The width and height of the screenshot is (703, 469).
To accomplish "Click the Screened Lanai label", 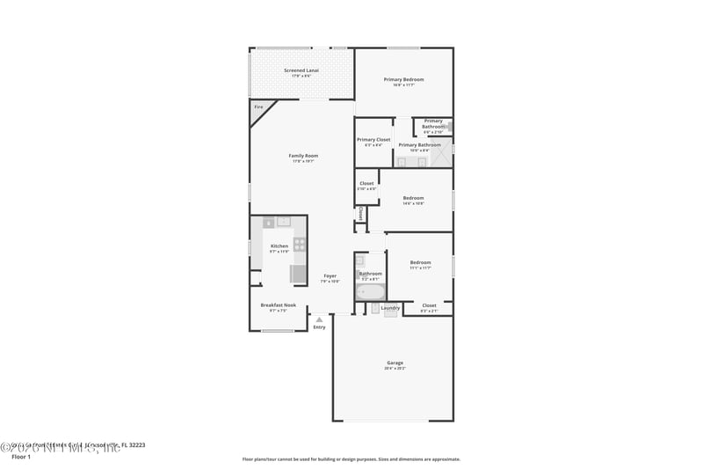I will click(301, 70).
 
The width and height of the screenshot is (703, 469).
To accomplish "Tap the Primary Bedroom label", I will click(403, 79).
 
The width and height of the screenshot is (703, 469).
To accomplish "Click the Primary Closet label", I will click(373, 139).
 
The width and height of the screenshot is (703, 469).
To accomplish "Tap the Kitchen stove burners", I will click(300, 245).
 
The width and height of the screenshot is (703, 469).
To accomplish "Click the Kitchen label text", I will click(279, 245).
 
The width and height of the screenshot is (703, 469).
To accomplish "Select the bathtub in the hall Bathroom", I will click(370, 291).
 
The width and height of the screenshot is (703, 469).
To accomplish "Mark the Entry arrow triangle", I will click(319, 319).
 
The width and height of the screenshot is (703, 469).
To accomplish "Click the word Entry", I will click(319, 327).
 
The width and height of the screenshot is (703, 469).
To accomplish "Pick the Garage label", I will click(395, 363).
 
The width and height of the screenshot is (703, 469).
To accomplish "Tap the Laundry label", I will click(391, 308).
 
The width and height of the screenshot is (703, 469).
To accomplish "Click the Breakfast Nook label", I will click(278, 305).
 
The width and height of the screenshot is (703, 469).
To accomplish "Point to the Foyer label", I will click(330, 275).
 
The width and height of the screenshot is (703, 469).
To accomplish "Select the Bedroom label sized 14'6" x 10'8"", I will click(413, 198).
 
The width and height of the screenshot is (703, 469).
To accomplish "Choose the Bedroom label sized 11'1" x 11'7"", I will click(420, 262).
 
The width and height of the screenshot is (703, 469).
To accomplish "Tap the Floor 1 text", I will click(19, 458).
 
